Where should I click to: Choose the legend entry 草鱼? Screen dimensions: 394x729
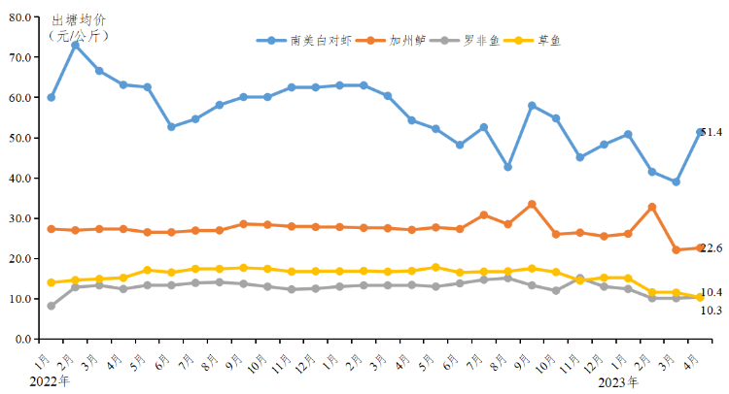click(549, 41)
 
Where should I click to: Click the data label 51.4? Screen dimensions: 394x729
click(712, 132)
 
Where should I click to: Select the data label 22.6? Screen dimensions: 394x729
click(712, 249)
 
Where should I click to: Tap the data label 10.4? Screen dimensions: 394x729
click(712, 292)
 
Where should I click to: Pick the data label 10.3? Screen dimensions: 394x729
click(712, 311)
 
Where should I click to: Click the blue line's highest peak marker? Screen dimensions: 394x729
click(75, 45)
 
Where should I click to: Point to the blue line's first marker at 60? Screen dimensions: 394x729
click(51, 97)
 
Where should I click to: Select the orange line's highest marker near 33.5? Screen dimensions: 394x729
click(532, 204)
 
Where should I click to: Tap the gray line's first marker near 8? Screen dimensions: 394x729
click(51, 306)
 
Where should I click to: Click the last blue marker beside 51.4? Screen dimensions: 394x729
click(700, 132)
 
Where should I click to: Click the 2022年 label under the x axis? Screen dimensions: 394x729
click(51, 380)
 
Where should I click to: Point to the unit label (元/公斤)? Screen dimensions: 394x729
click(78, 35)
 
